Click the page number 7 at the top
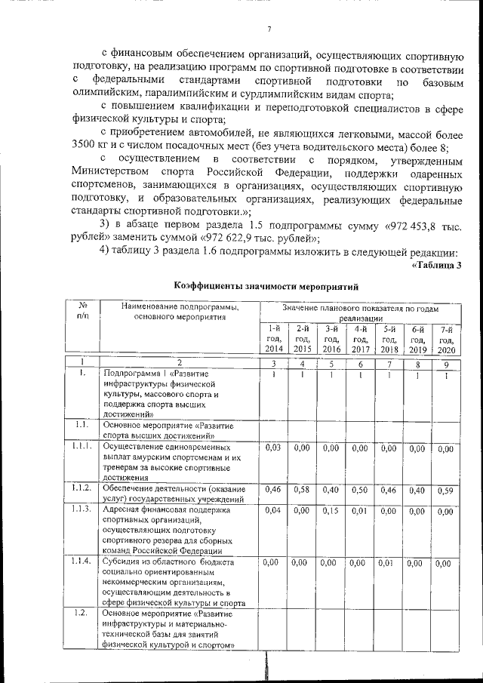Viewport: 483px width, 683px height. pyautogui.click(x=269, y=30)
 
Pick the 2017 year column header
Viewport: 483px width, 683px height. pyautogui.click(x=360, y=338)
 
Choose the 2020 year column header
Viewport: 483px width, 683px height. pyautogui.click(x=446, y=340)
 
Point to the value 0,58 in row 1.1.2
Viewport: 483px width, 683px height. pyautogui.click(x=302, y=490)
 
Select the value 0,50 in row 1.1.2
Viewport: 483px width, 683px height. pyautogui.click(x=360, y=490)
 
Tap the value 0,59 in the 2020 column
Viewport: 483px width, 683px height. pyautogui.click(x=446, y=491)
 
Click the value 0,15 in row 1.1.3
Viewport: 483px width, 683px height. pyautogui.click(x=331, y=511)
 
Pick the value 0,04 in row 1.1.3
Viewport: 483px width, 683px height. pyautogui.click(x=273, y=511)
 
